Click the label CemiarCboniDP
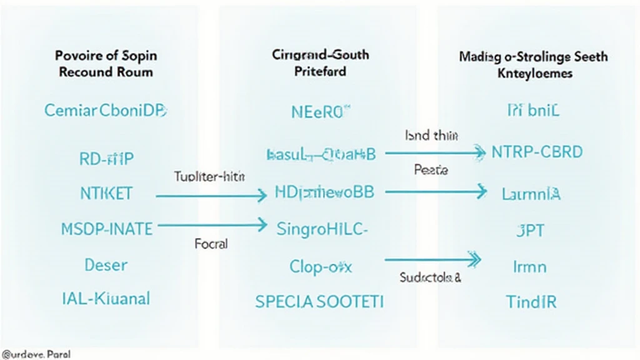pyautogui.click(x=106, y=111)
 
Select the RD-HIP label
pyautogui.click(x=106, y=159)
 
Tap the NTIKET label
pyautogui.click(x=106, y=193)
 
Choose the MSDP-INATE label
pyautogui.click(x=107, y=229)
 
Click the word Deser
pyautogui.click(x=106, y=265)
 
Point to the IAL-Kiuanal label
pyautogui.click(x=106, y=298)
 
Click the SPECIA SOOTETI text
pyautogui.click(x=320, y=302)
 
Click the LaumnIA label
pyautogui.click(x=531, y=194)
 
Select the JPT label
pyautogui.click(x=530, y=231)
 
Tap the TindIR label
pyautogui.click(x=531, y=302)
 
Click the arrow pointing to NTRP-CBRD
pyautogui.click(x=435, y=152)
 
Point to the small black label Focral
pyautogui.click(x=211, y=244)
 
